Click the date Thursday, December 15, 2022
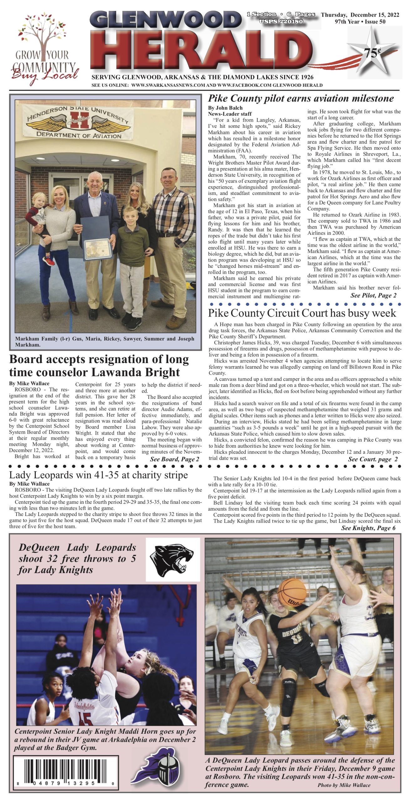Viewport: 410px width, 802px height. click(360, 15)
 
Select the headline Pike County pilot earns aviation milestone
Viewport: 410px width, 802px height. click(301, 98)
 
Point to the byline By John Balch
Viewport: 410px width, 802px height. click(225, 108)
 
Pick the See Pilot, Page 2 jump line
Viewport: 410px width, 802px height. click(373, 295)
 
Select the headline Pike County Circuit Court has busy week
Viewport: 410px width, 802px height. click(302, 313)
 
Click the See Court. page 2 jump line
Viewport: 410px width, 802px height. click(373, 459)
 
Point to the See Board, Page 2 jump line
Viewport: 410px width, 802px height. click(174, 459)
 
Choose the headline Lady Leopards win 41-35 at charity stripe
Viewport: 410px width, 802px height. click(98, 475)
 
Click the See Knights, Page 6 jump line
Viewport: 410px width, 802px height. click(368, 528)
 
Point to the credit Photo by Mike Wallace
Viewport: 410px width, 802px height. click(344, 785)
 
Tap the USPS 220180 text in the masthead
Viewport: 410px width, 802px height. click(281, 21)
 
